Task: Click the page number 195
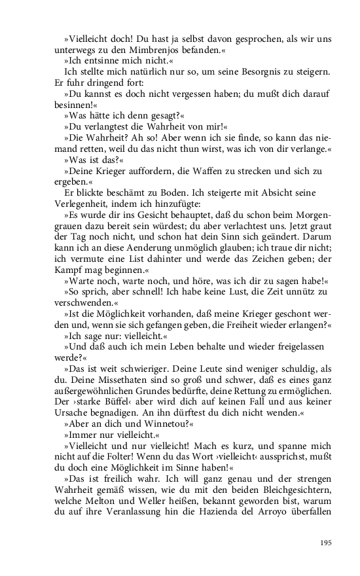click(x=325, y=542)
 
